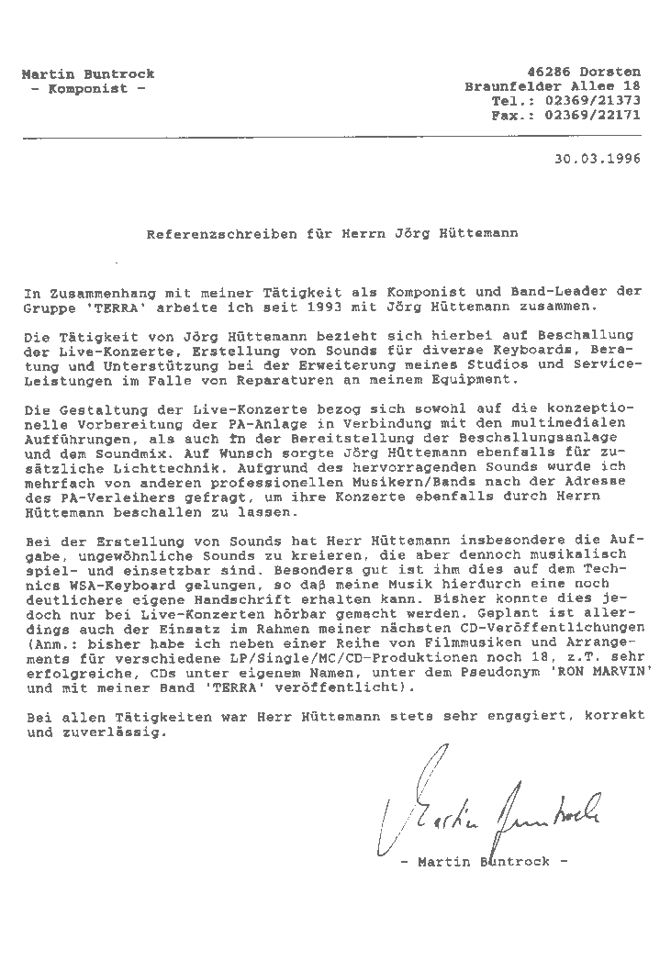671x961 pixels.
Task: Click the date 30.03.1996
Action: pyautogui.click(x=597, y=157)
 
